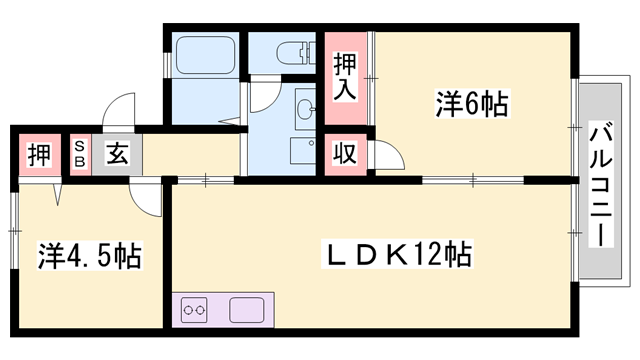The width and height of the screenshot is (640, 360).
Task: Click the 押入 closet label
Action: [344, 77]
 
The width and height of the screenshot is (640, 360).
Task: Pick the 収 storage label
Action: [344, 154]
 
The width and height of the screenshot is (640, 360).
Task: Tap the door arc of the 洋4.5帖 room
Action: [147, 200]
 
